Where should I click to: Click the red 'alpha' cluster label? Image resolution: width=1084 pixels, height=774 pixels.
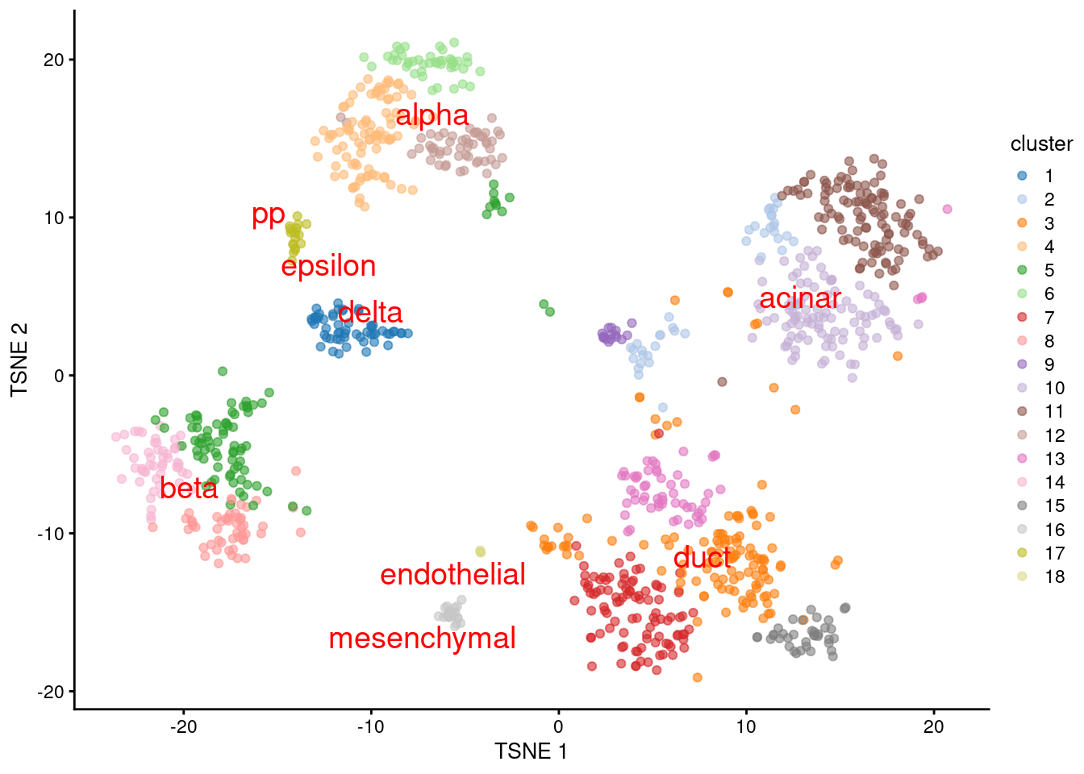pyautogui.click(x=432, y=115)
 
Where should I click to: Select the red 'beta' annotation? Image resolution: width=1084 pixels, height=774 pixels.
pyautogui.click(x=189, y=489)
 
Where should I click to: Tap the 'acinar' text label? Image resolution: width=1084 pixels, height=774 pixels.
pyautogui.click(x=800, y=298)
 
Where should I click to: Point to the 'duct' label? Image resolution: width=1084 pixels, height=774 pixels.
pyautogui.click(x=702, y=558)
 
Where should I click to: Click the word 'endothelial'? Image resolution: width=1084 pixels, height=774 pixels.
pyautogui.click(x=452, y=575)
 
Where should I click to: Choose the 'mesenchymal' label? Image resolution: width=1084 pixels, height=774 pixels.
pyautogui.click(x=422, y=639)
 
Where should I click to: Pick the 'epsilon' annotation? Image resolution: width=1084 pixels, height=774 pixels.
pyautogui.click(x=328, y=266)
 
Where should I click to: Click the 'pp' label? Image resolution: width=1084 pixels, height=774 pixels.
pyautogui.click(x=268, y=215)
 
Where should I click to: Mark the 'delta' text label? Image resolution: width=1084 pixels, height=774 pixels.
pyautogui.click(x=369, y=313)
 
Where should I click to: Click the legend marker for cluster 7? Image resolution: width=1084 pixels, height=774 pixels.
pyautogui.click(x=1022, y=318)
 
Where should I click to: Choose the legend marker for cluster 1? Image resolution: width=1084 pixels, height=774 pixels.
pyautogui.click(x=1022, y=176)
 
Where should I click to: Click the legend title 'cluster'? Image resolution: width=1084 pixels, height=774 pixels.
pyautogui.click(x=1041, y=144)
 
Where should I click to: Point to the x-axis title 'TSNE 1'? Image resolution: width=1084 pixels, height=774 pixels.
pyautogui.click(x=531, y=751)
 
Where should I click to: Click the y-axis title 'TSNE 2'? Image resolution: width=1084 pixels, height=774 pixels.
pyautogui.click(x=19, y=360)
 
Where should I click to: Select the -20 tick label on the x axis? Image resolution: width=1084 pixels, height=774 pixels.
pyautogui.click(x=183, y=726)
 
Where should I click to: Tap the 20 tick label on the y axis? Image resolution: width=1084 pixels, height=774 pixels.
pyautogui.click(x=53, y=60)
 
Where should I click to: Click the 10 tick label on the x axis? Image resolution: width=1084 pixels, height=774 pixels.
pyautogui.click(x=746, y=726)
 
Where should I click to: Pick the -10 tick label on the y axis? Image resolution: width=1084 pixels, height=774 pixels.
pyautogui.click(x=49, y=534)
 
